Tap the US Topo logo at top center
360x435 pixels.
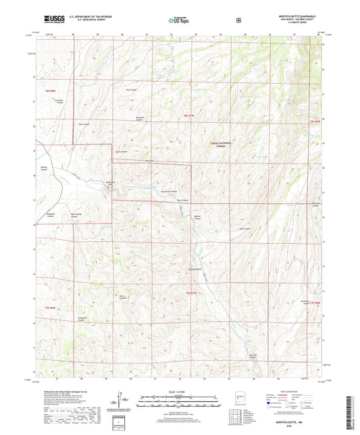(x=179, y=21)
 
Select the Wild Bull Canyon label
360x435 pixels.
(x=137, y=118)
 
